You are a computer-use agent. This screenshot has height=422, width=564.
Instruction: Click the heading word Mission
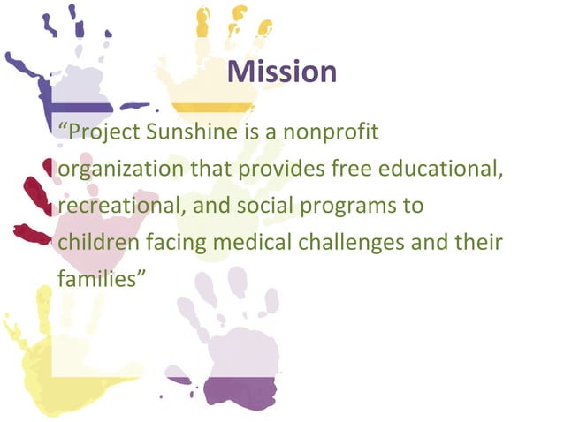coord(282,72)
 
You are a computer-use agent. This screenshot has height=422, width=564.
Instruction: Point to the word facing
coord(171,242)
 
